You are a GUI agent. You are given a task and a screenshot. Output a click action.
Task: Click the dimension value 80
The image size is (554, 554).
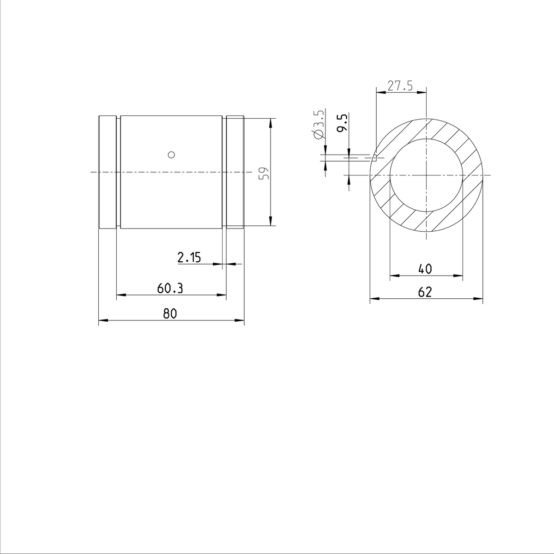[x=170, y=314]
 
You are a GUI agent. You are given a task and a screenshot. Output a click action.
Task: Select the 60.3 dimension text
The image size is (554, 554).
[x=170, y=289]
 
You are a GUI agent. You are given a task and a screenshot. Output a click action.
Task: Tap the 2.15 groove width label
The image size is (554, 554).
[x=189, y=258]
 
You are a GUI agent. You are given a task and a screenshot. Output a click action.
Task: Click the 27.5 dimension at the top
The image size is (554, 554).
[x=400, y=86]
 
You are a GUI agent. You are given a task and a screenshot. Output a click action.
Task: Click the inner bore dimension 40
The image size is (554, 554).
[x=425, y=269]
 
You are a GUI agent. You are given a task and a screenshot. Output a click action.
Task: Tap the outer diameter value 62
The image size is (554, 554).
[x=425, y=292]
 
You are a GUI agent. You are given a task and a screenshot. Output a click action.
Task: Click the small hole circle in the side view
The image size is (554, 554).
[x=171, y=154]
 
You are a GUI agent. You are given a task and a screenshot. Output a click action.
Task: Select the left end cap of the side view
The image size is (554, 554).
[x=107, y=172]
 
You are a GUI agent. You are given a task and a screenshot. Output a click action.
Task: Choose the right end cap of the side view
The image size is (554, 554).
[x=235, y=172]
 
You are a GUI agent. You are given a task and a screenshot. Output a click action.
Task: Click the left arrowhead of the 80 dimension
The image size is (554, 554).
[x=102, y=320]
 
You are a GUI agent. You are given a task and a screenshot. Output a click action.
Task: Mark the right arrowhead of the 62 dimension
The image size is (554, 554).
[x=479, y=299]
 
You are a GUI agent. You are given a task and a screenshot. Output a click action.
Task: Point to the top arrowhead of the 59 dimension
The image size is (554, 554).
[x=271, y=122]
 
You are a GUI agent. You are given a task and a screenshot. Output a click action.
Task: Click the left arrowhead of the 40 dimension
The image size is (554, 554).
[x=394, y=276]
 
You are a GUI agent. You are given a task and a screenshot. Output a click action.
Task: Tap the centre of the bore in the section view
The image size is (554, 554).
[x=426, y=175]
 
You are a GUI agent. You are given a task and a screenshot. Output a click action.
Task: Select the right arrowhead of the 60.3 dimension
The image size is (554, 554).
[x=223, y=295]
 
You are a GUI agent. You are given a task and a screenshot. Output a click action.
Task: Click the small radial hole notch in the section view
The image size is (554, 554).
[x=375, y=158]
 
